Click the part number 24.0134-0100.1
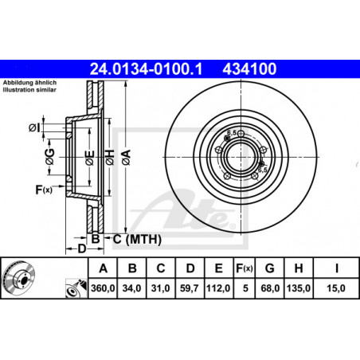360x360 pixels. tap(146, 68)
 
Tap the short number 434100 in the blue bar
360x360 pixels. tap(249, 68)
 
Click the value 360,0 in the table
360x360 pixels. tap(103, 288)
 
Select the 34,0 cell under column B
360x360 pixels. tap(131, 288)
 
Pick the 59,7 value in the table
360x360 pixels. tap(190, 288)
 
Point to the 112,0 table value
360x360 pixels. tap(218, 288)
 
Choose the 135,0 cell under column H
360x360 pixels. tap(299, 288)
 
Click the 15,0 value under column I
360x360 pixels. tap(336, 288)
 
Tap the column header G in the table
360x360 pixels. tap(269, 268)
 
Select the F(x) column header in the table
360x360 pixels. tap(245, 268)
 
